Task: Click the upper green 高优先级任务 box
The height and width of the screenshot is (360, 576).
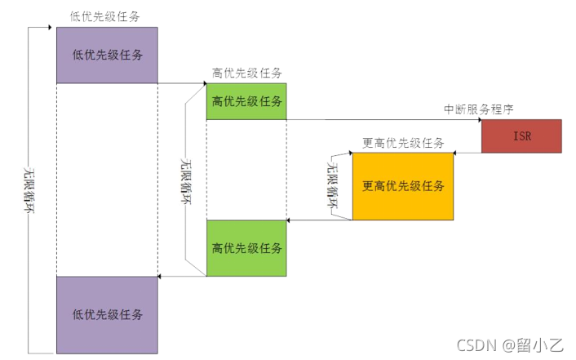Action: coord(246,101)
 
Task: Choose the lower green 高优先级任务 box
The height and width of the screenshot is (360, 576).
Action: coord(246,247)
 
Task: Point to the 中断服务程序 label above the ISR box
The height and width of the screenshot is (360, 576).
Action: coord(478,109)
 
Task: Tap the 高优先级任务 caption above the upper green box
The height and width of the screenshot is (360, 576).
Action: coord(246,73)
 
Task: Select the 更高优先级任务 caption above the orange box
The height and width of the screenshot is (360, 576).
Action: coord(403,143)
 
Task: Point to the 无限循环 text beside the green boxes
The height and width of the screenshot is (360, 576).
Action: coord(187,181)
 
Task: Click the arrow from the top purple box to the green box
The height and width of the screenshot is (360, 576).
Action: coord(182,83)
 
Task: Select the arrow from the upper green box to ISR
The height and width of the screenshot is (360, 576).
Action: coord(383,120)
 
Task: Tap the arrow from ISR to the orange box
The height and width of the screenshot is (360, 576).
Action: coord(466,152)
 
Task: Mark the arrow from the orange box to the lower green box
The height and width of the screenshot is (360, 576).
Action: coord(320,220)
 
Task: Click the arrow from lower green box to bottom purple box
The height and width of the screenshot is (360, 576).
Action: coord(182,276)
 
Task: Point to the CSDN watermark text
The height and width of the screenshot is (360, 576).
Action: coord(515,345)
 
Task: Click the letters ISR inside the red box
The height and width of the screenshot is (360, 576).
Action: coord(522,136)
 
